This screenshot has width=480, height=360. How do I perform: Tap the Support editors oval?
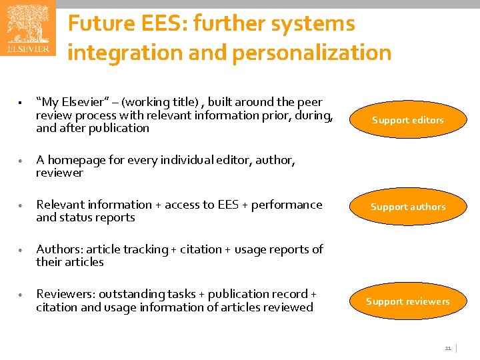point(407,120)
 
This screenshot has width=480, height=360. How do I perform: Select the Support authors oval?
point(407,207)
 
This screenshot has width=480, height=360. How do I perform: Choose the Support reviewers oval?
point(407,301)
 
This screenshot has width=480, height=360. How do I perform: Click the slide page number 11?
point(448,348)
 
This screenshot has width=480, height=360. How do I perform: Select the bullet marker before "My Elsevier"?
point(22,103)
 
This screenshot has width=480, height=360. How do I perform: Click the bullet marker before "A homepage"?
point(22,161)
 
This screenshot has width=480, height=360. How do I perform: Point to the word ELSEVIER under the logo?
point(27,49)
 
